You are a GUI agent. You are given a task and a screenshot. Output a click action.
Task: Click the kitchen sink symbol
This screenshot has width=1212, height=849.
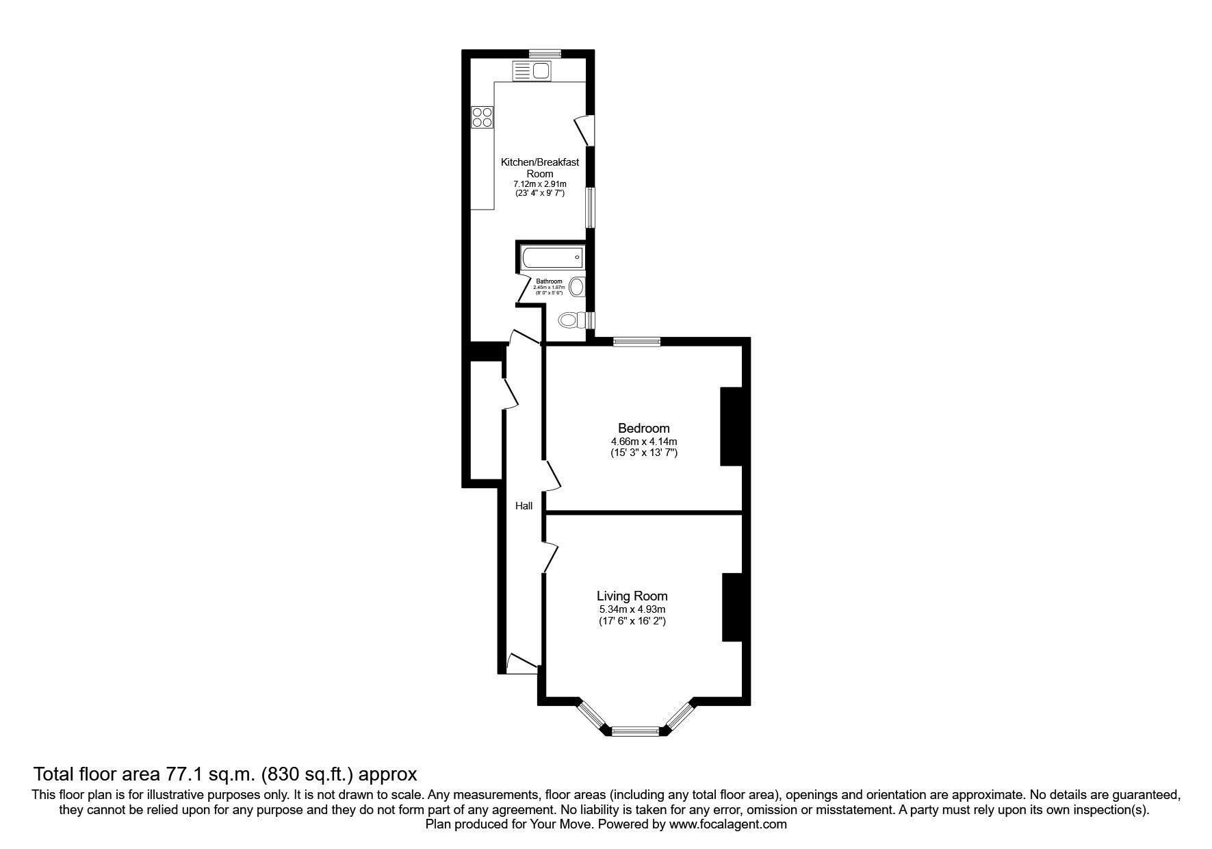coord(532,71)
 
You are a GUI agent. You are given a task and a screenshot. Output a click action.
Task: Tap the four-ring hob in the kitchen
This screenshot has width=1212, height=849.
coord(482,117)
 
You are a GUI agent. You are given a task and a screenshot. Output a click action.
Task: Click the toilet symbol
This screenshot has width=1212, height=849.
coord(571,320)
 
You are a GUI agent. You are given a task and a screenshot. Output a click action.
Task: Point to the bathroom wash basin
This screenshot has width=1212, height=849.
coord(577,286)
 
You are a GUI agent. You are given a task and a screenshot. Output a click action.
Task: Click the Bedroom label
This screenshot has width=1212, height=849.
coord(643,429)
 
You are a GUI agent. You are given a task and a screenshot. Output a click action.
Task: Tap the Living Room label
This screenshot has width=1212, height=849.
coord(632,596)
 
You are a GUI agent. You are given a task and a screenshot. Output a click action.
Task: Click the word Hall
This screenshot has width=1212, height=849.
coord(524,506)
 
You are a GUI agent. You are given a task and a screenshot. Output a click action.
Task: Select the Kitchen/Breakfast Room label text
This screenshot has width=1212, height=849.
coord(539,168)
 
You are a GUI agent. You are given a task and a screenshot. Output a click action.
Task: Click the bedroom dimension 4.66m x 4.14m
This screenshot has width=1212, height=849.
coord(643,442)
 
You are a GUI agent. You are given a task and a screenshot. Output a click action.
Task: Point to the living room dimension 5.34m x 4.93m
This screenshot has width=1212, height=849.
coord(632,609)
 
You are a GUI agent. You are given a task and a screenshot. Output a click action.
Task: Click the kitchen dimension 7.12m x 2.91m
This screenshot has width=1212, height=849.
coord(539,184)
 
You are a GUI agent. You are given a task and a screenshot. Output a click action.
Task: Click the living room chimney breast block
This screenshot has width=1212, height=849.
coord(732,607)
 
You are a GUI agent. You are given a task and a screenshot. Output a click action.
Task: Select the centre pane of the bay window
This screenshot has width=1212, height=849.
coord(635,731)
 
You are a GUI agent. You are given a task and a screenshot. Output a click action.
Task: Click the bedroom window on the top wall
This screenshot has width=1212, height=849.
coord(636,342)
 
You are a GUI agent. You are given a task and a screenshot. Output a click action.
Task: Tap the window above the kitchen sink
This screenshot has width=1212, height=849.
coord(545,53)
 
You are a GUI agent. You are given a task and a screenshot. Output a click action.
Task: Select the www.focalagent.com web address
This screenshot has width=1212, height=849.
coord(727,825)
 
